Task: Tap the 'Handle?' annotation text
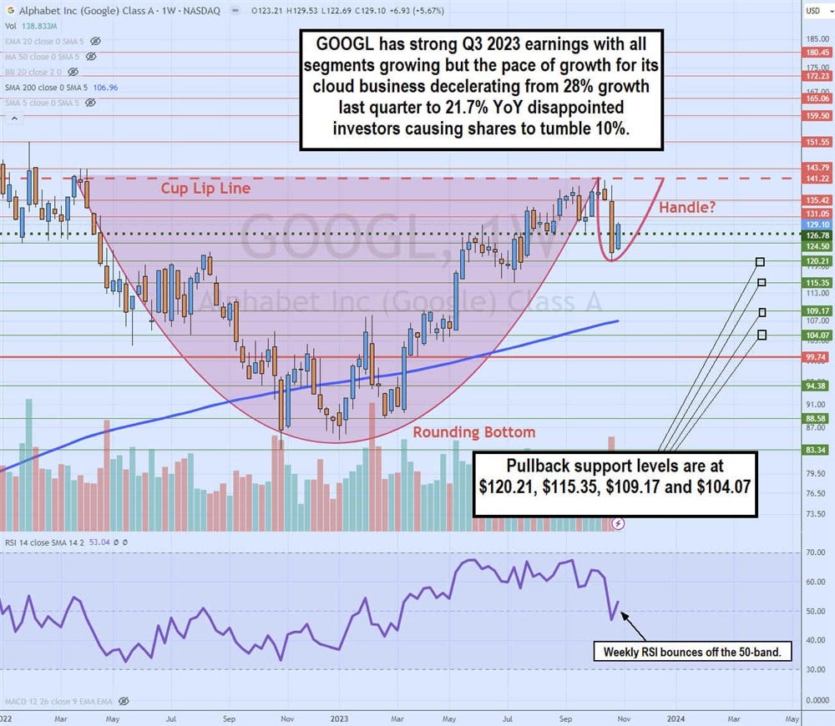(x=687, y=208)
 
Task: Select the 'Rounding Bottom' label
(x=474, y=432)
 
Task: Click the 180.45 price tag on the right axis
(x=817, y=52)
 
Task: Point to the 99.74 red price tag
(x=817, y=356)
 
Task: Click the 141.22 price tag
(x=817, y=179)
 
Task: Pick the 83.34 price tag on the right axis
(x=817, y=450)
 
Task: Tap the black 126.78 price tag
(x=817, y=235)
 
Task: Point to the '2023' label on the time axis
(x=339, y=716)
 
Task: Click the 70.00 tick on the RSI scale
(x=816, y=552)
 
